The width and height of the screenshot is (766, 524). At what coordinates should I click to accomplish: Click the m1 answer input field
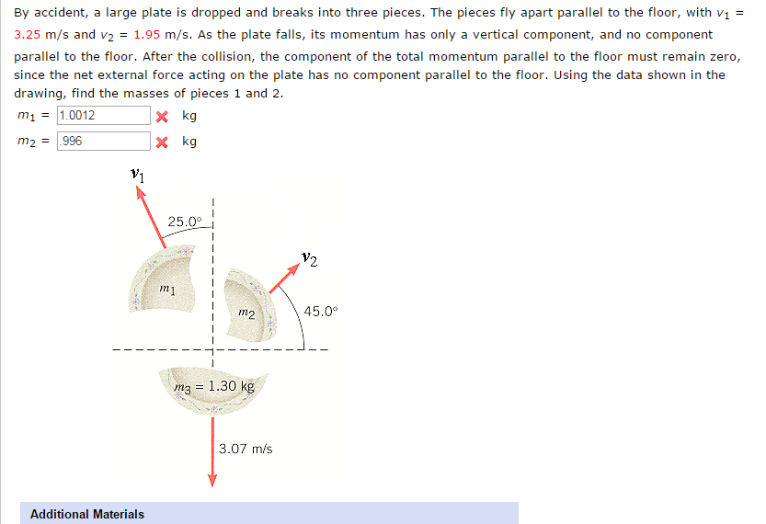(102, 116)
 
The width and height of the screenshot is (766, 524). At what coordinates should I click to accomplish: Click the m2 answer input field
(102, 142)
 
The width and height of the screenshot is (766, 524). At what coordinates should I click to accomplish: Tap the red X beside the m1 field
(161, 117)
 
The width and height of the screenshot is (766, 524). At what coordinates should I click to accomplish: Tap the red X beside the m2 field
(161, 142)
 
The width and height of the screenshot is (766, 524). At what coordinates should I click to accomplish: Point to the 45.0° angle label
(321, 311)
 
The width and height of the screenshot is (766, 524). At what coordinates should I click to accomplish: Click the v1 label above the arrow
(138, 173)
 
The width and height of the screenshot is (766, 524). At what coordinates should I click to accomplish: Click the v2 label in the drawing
(309, 261)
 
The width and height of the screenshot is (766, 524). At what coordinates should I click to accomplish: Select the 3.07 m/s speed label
(246, 449)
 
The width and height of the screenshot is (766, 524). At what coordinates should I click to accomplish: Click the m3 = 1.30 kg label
(213, 386)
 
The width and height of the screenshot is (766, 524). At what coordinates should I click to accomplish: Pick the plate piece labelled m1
(166, 280)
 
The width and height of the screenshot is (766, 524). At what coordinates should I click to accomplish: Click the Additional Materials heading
(87, 514)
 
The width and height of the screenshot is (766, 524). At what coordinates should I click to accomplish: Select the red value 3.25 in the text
(27, 34)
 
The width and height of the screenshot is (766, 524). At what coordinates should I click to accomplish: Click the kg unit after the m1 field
(189, 116)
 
